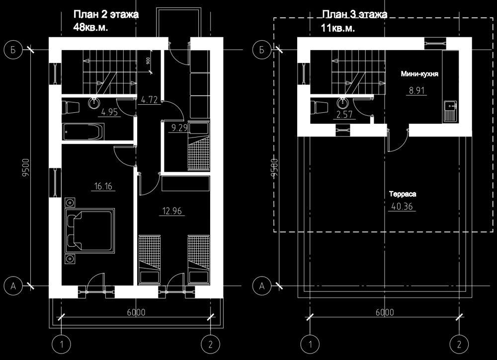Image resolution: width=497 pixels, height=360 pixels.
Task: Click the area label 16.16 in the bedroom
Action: tap(103, 186)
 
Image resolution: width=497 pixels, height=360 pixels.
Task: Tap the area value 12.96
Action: tap(172, 211)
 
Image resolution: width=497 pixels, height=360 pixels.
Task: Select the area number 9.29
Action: tap(180, 128)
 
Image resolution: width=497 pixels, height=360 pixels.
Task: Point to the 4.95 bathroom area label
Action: tap(110, 112)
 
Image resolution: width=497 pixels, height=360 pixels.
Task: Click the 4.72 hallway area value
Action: tap(149, 100)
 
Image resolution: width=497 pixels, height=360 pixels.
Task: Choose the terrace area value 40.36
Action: tap(402, 207)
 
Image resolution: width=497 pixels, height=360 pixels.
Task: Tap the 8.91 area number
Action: tap(416, 90)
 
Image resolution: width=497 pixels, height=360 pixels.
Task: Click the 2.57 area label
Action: tap(344, 114)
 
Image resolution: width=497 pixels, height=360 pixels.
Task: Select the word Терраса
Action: tap(403, 194)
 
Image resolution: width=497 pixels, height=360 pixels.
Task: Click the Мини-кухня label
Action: tap(419, 74)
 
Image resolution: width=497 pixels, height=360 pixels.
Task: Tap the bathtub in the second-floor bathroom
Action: tap(83, 132)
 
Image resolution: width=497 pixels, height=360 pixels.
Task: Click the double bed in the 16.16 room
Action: tap(89, 230)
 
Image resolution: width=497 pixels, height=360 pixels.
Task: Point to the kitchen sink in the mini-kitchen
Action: tap(450, 111)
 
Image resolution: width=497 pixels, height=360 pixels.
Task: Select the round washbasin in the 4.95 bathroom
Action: tap(94, 103)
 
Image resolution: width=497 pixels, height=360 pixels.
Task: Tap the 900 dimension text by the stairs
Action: tap(148, 61)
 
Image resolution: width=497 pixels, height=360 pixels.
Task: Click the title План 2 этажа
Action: tap(106, 14)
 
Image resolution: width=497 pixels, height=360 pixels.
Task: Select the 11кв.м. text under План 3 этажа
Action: tap(338, 28)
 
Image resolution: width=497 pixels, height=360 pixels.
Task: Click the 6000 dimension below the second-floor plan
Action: tap(136, 312)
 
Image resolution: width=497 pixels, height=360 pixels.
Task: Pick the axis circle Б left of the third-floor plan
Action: tap(262, 50)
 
